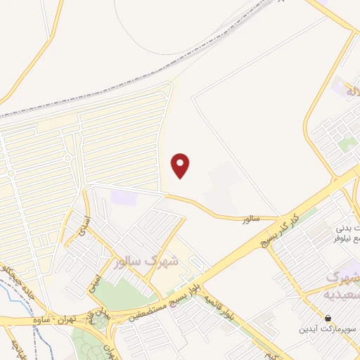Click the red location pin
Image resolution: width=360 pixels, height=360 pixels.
(181, 165)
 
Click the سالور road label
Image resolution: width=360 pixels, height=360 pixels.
(251, 219)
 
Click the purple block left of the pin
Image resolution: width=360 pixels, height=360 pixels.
(124, 198)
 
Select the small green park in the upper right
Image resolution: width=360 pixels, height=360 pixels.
(347, 145)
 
